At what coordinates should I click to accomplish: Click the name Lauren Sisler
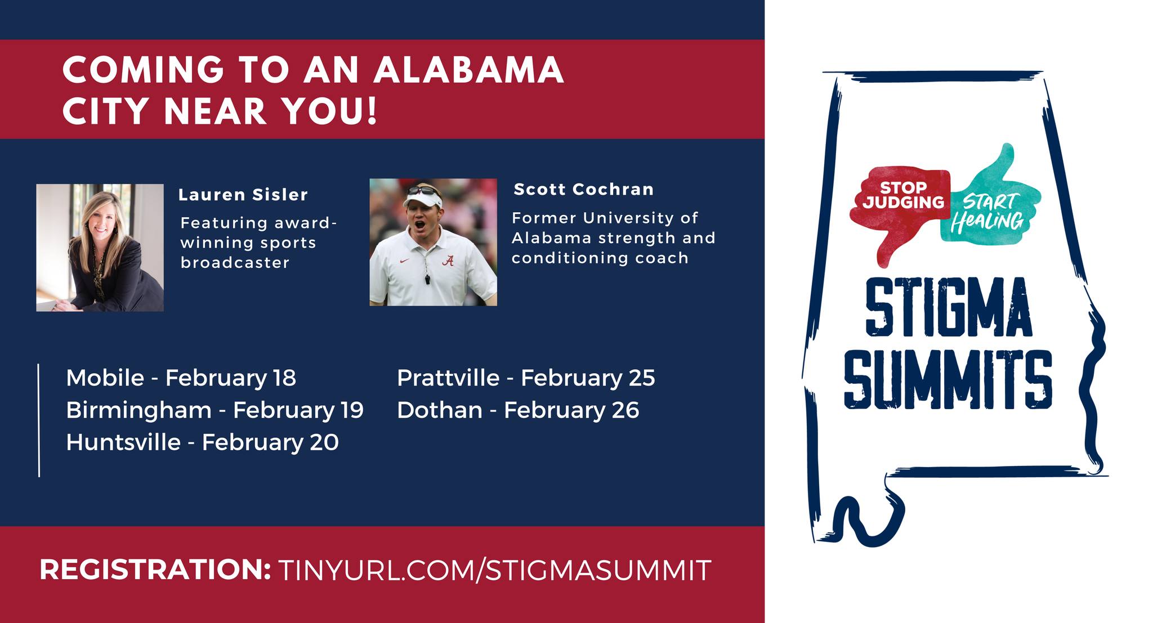pyautogui.click(x=243, y=195)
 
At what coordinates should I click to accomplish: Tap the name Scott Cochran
pyautogui.click(x=583, y=189)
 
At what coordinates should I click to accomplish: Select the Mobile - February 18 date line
pyautogui.click(x=181, y=378)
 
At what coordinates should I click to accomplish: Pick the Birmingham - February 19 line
pyautogui.click(x=214, y=410)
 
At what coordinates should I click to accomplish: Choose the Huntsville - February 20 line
pyautogui.click(x=202, y=442)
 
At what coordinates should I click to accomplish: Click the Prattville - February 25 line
pyautogui.click(x=526, y=378)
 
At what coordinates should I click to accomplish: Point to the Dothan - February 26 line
pyautogui.click(x=518, y=410)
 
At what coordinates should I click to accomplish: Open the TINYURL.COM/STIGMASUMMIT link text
pyautogui.click(x=494, y=570)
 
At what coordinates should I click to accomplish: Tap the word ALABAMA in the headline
pyautogui.click(x=468, y=70)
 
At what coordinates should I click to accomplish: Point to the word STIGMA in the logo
pyautogui.click(x=948, y=307)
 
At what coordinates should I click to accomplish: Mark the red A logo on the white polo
pyautogui.click(x=448, y=260)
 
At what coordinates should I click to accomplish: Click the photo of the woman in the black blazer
pyautogui.click(x=100, y=248)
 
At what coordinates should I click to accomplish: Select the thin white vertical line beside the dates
pyautogui.click(x=39, y=420)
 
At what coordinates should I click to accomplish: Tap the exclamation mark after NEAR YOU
pyautogui.click(x=372, y=110)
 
